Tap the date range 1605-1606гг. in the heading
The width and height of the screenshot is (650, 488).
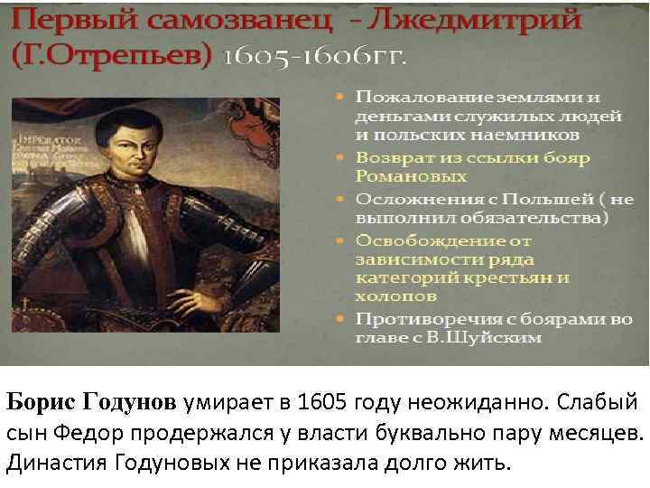315,56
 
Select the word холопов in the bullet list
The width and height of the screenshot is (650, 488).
395,296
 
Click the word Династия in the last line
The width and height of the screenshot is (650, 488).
57,464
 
